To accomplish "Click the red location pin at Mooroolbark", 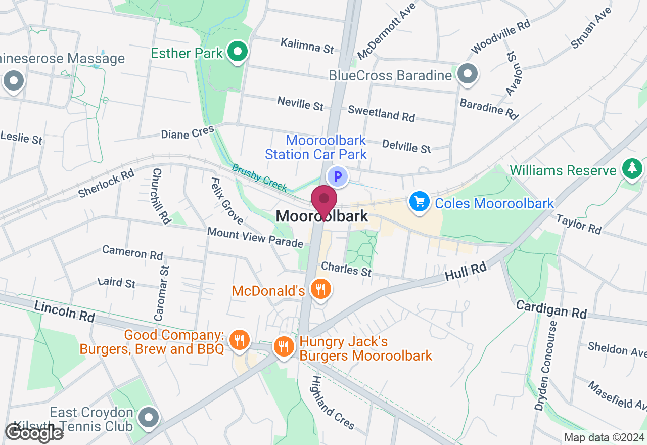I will pos(323,200).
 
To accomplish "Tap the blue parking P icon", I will pos(338,177).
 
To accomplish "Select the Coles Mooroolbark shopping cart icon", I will pos(419,203).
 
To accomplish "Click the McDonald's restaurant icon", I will pos(320,290).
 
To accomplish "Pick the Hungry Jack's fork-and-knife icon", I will pos(284,347).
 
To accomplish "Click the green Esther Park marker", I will pos(237,52).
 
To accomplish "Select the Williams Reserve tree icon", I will pos(632,168).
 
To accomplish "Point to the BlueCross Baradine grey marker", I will pos(468,74).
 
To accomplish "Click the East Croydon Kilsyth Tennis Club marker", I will pos(149,418).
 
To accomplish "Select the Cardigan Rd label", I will pos(551,309).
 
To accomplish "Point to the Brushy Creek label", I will pos(259,177).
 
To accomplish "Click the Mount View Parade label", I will pos(255,237).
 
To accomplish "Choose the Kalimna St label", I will pos(307,46).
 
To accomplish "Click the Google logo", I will pos(34,433).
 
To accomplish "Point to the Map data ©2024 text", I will pos(604,438).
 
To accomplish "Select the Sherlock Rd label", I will pos(106,183).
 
